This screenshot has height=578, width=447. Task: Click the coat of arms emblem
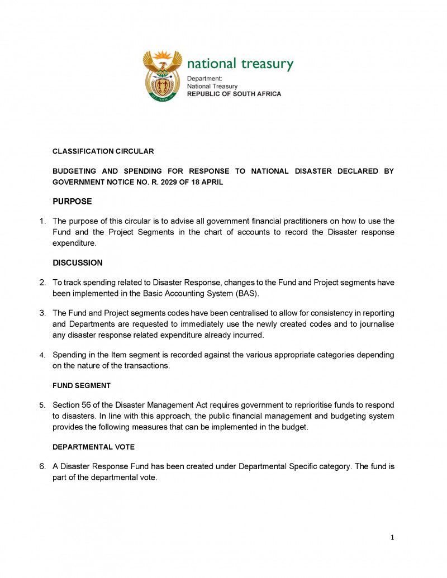coord(163,75)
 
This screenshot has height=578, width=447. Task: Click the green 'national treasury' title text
coord(240,64)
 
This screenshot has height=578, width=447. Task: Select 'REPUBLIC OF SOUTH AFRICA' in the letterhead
coord(234,94)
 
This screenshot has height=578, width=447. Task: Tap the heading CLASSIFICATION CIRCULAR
coord(103,151)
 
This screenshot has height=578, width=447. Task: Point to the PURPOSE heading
coord(72,201)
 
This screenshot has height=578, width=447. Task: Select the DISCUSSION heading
coord(78,262)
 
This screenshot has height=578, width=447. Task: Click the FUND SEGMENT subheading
coord(82,385)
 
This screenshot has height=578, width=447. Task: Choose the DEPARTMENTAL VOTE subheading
coord(93,447)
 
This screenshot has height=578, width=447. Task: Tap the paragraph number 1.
coord(42,221)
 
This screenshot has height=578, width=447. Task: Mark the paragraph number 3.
coord(42,313)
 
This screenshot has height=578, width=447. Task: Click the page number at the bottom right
coord(392,537)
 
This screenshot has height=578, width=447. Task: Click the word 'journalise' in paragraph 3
coord(376,324)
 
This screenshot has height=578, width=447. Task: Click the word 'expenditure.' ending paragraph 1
coord(74,243)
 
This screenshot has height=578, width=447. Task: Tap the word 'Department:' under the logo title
coord(205,79)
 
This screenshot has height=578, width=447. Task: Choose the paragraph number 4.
coord(42,355)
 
